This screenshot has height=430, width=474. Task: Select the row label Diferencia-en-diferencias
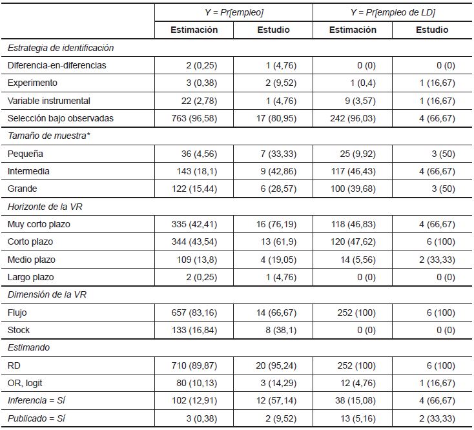click(57, 65)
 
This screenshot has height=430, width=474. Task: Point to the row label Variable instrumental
click(49, 101)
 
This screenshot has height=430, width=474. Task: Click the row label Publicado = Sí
click(37, 418)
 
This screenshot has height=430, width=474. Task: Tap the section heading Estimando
click(28, 347)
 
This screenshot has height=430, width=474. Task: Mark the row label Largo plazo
click(31, 277)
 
